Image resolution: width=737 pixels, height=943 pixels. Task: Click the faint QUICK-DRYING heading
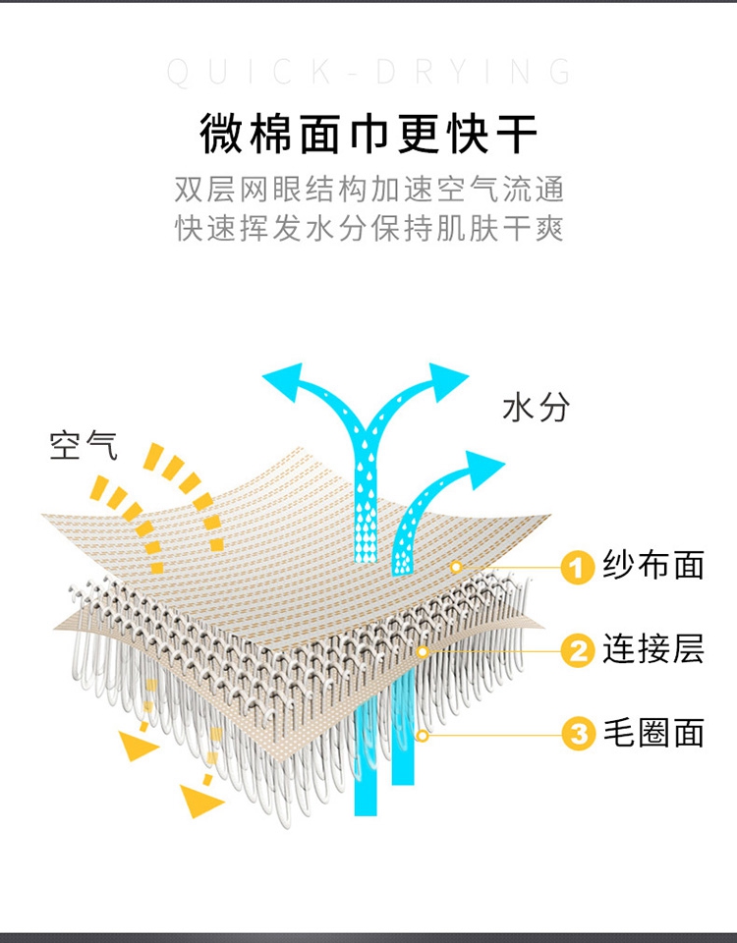368,72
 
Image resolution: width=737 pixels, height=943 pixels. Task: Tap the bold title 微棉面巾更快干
368,134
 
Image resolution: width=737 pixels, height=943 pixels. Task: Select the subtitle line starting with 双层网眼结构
369,190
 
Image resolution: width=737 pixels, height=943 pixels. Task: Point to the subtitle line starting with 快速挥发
369,229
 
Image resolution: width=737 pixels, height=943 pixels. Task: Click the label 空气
83,446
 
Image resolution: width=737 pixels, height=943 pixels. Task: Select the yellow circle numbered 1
577,567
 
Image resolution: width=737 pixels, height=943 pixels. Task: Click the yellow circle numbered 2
578,650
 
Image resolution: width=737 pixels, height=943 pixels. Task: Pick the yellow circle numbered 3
578,735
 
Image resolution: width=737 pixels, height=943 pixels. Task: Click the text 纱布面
653,566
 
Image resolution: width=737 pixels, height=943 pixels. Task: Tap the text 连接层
653,649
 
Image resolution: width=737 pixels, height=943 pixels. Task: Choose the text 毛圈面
653,733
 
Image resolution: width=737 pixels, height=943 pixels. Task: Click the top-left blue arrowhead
284,380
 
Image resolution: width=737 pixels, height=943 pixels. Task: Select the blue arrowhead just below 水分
483,468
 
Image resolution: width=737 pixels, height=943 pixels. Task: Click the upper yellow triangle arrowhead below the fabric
137,746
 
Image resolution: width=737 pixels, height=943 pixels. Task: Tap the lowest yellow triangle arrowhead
199,802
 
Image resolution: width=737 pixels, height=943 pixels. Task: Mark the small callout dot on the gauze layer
456,567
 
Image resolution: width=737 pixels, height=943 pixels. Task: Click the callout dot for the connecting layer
423,651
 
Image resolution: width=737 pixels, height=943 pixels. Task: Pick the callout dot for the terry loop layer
423,735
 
